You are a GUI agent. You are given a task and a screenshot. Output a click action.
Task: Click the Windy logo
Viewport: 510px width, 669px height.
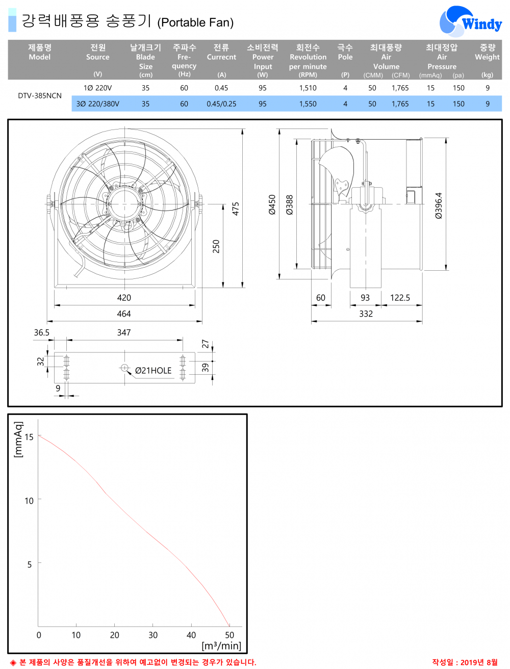(470, 22)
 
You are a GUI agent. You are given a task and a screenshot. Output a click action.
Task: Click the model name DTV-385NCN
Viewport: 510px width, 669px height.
(40, 96)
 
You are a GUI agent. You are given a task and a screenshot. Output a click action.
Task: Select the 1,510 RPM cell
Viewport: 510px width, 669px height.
(308, 88)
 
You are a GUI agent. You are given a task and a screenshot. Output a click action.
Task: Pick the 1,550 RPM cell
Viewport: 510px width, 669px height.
(308, 104)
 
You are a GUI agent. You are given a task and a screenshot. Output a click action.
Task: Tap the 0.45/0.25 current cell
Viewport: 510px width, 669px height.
(221, 104)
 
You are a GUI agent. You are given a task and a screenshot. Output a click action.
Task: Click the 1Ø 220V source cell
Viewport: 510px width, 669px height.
(97, 88)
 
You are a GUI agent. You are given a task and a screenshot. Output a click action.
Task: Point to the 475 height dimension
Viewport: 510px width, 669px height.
(236, 209)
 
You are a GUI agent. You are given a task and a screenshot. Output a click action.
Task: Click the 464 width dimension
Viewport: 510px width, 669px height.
(124, 314)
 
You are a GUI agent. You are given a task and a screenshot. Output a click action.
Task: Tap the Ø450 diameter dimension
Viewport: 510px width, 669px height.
(272, 204)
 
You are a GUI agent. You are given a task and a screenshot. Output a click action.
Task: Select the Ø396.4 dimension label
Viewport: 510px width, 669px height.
(439, 205)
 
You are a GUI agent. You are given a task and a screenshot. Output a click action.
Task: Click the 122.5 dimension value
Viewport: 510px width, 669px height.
(400, 298)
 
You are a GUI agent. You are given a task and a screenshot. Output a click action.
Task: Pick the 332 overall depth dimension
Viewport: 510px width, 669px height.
(366, 314)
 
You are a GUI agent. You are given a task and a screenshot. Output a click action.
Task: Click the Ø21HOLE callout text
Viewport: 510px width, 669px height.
(153, 371)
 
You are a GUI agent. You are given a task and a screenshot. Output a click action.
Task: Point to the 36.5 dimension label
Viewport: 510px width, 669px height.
(42, 332)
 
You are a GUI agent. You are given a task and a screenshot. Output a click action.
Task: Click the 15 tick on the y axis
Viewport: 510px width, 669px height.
(29, 437)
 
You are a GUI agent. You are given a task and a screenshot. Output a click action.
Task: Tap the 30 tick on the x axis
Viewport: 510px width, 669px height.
(153, 635)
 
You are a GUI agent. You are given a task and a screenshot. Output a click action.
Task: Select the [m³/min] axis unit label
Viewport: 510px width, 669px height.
(221, 646)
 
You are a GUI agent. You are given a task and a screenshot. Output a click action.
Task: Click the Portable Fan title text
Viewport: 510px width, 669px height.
(195, 22)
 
